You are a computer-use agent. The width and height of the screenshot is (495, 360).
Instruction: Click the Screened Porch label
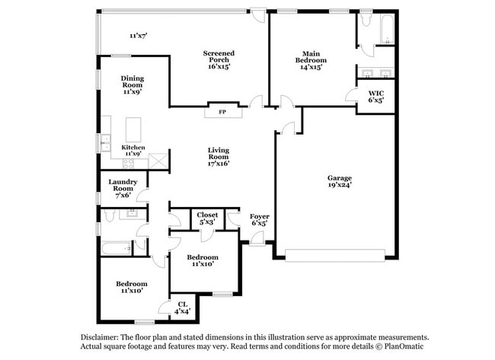(219, 59)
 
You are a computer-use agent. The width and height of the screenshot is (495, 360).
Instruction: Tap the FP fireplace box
(222, 113)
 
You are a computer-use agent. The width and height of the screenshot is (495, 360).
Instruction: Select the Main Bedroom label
(311, 60)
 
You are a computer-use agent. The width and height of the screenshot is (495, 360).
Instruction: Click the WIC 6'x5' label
(375, 97)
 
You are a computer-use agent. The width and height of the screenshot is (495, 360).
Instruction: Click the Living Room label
(219, 156)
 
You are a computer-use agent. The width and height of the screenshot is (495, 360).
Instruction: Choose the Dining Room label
(132, 83)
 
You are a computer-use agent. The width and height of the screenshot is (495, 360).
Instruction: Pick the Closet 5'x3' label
(207, 218)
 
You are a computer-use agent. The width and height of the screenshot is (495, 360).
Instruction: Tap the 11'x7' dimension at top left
(138, 35)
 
